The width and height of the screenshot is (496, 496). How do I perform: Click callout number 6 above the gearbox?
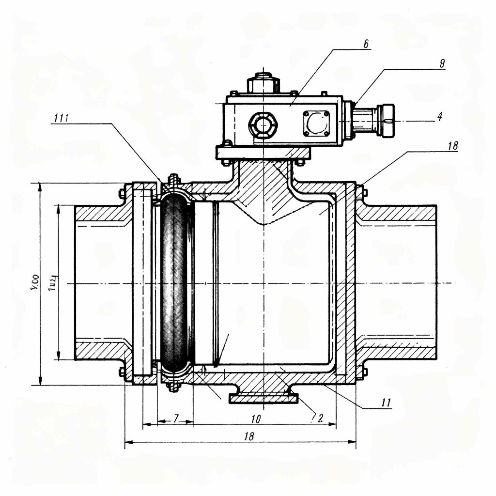pos(366,44)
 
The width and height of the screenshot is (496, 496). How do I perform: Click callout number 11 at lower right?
pos(386,402)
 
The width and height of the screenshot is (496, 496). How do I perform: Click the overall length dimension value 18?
pos(249,436)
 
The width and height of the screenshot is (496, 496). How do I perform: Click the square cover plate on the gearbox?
pos(315,123)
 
